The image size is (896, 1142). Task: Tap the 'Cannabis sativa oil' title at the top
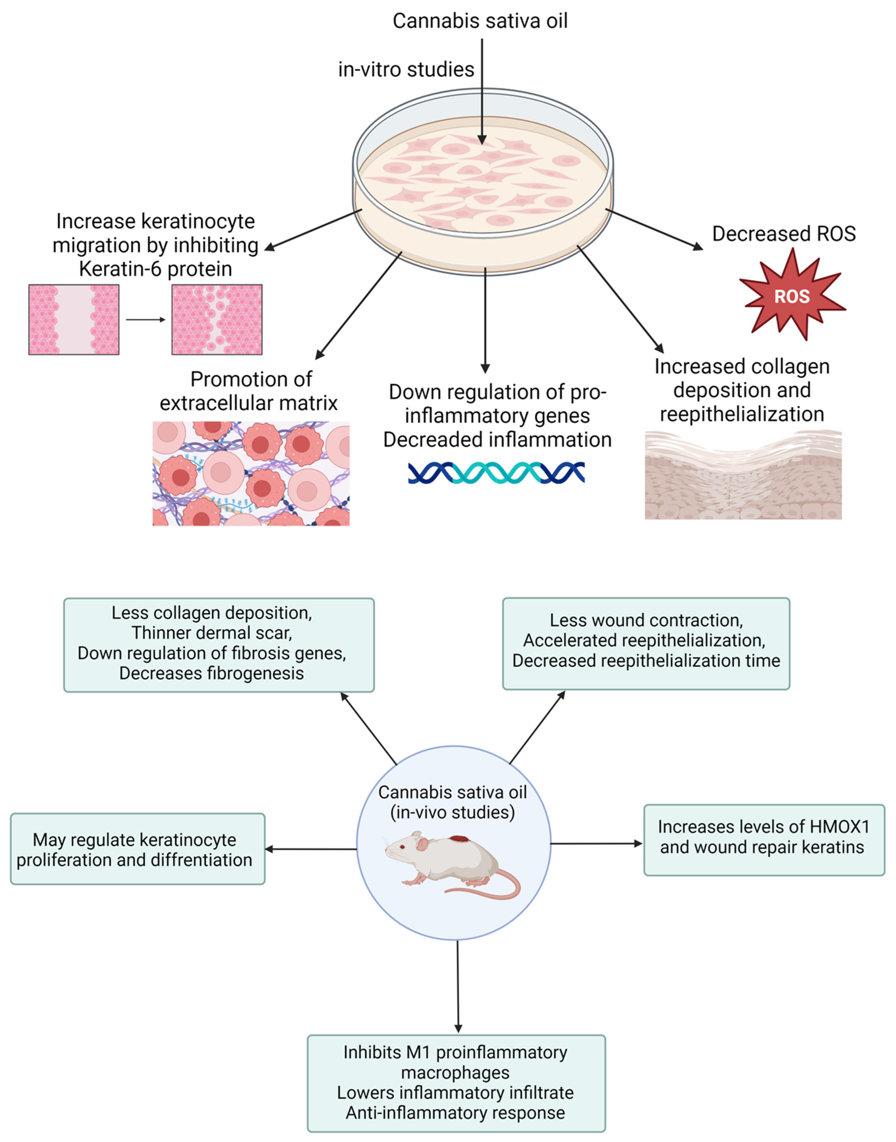[480, 21]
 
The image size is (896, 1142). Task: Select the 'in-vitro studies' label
[405, 69]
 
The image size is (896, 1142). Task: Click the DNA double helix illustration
[496, 473]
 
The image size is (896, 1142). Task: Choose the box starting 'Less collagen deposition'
[219, 645]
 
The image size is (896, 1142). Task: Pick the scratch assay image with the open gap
[74, 320]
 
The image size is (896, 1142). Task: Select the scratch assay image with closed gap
[217, 320]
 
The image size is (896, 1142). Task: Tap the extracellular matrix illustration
[251, 473]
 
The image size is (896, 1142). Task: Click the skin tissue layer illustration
[743, 475]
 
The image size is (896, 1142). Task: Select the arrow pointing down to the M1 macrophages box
[458, 986]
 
